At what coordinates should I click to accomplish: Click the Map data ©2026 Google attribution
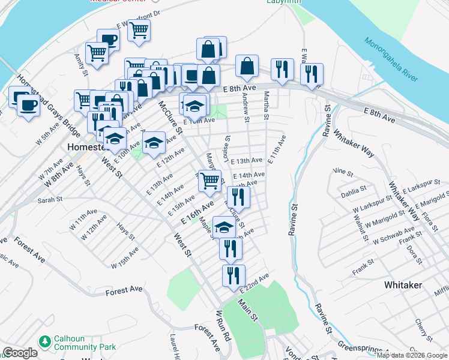click(x=412, y=355)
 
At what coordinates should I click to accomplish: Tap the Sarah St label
click(x=50, y=201)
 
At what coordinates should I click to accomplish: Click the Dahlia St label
click(x=353, y=190)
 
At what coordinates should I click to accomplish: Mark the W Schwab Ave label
click(x=393, y=235)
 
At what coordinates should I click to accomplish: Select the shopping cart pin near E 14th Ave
click(x=209, y=180)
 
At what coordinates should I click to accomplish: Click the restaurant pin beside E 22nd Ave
click(x=234, y=274)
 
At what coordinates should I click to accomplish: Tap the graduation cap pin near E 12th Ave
click(x=154, y=142)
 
